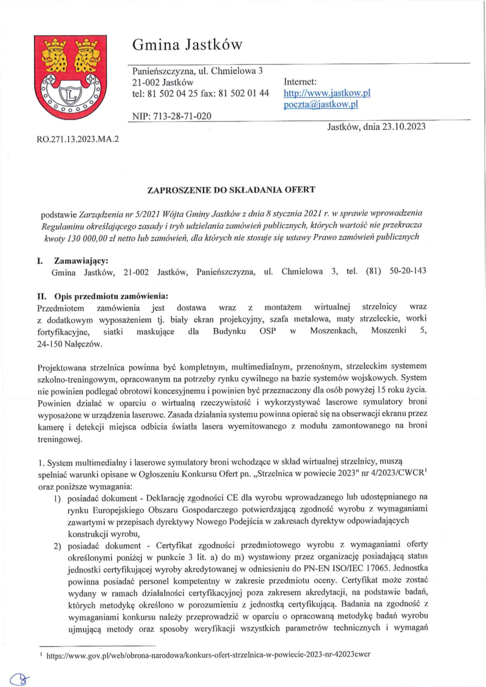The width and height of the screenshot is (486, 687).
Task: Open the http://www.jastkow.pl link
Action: [x=327, y=93]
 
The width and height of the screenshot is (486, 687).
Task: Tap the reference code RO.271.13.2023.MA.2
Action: [x=78, y=138]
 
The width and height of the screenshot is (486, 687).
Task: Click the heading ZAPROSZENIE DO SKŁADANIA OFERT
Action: [x=231, y=190]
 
